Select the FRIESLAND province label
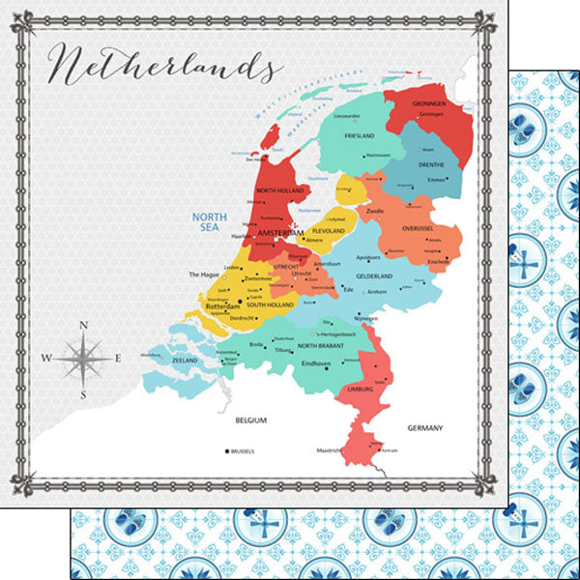tap(358, 136)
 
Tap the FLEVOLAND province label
tap(329, 232)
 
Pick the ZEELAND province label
tap(184, 360)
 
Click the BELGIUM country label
tap(251, 420)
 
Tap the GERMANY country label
tap(425, 427)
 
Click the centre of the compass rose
tap(83, 359)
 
